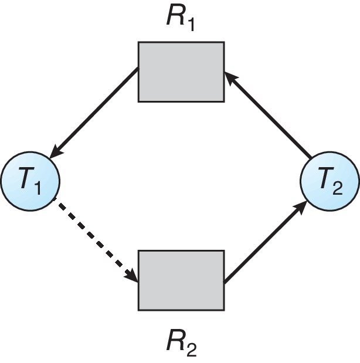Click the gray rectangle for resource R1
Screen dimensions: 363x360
click(181, 72)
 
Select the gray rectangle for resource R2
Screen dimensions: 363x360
click(181, 280)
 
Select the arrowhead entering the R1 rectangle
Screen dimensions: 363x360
click(230, 76)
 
